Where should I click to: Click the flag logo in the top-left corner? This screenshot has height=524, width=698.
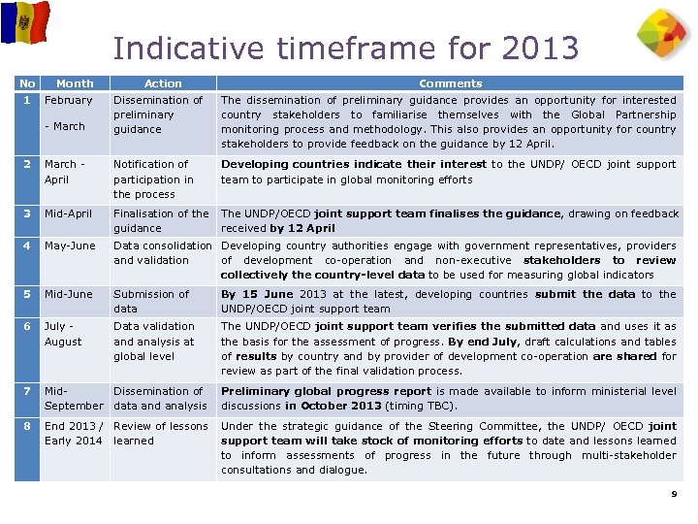pos(24,21)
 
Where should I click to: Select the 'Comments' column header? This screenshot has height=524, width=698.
pos(450,83)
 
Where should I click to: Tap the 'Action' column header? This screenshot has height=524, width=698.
pos(163,83)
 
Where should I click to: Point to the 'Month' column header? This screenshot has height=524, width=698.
pos(75,83)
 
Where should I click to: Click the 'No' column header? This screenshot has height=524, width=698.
pos(27,83)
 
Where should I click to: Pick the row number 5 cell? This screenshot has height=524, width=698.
pos(27,294)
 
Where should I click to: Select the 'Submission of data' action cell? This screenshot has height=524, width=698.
pos(151,301)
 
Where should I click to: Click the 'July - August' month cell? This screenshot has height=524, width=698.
pos(64,334)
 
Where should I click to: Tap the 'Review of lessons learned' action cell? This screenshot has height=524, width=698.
pos(160,433)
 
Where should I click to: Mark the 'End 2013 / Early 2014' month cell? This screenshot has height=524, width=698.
pos(74,433)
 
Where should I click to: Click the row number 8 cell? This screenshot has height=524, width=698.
pos(27,426)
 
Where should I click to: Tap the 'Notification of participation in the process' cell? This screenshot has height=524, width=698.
pos(153,180)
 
